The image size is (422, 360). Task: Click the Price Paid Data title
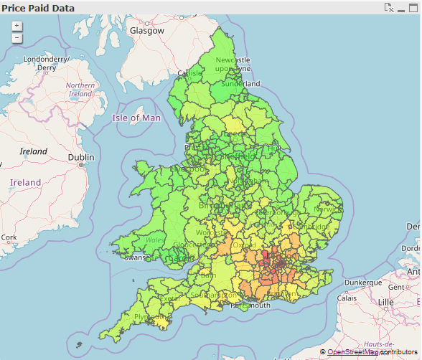[37, 7]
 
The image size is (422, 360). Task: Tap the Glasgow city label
[146, 31]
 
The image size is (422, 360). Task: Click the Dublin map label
[81, 158]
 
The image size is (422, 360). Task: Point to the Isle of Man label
[136, 118]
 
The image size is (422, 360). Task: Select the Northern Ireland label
[80, 90]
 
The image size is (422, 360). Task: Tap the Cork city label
[9, 237]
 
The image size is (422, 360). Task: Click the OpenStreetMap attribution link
[352, 352]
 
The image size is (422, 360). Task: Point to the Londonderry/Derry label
[46, 63]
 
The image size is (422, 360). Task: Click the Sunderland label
[241, 83]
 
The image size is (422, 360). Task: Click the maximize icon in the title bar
[413, 7]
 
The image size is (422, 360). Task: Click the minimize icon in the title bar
[401, 7]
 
